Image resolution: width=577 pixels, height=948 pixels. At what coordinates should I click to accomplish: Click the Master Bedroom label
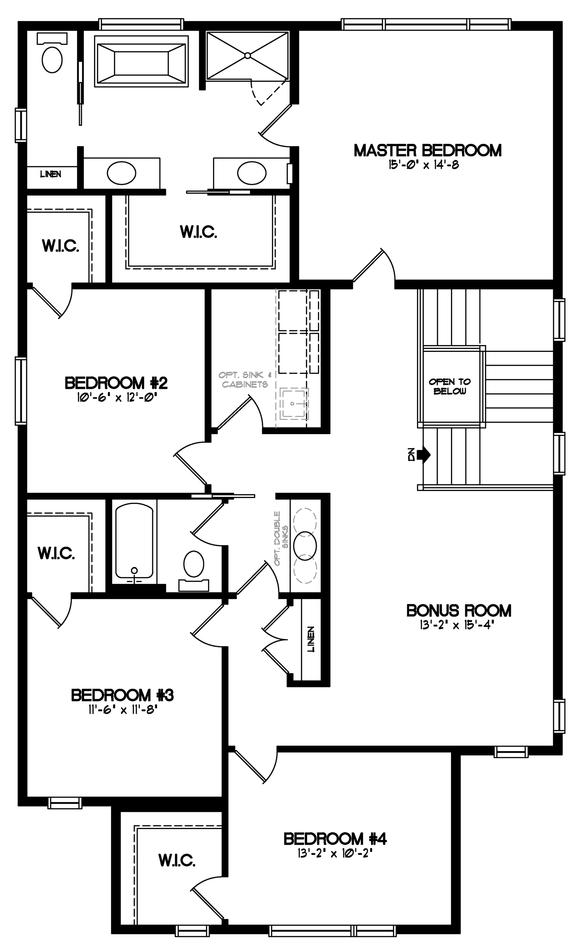tap(427, 150)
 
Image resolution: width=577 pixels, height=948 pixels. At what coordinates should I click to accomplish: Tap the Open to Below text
tap(450, 386)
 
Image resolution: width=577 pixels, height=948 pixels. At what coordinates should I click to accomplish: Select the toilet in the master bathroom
tap(52, 53)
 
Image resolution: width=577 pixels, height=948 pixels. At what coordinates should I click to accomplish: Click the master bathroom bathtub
tap(141, 61)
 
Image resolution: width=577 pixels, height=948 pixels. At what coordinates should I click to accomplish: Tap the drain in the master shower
tap(248, 56)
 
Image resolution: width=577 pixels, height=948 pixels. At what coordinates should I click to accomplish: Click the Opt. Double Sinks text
tap(281, 538)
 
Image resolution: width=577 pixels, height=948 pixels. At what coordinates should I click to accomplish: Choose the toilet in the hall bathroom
tap(193, 570)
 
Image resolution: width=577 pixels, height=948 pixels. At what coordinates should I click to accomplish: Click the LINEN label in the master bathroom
tap(51, 174)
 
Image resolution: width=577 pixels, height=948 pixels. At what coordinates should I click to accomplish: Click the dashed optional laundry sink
tap(294, 404)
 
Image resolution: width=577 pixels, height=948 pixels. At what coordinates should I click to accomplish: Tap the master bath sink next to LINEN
tap(121, 173)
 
